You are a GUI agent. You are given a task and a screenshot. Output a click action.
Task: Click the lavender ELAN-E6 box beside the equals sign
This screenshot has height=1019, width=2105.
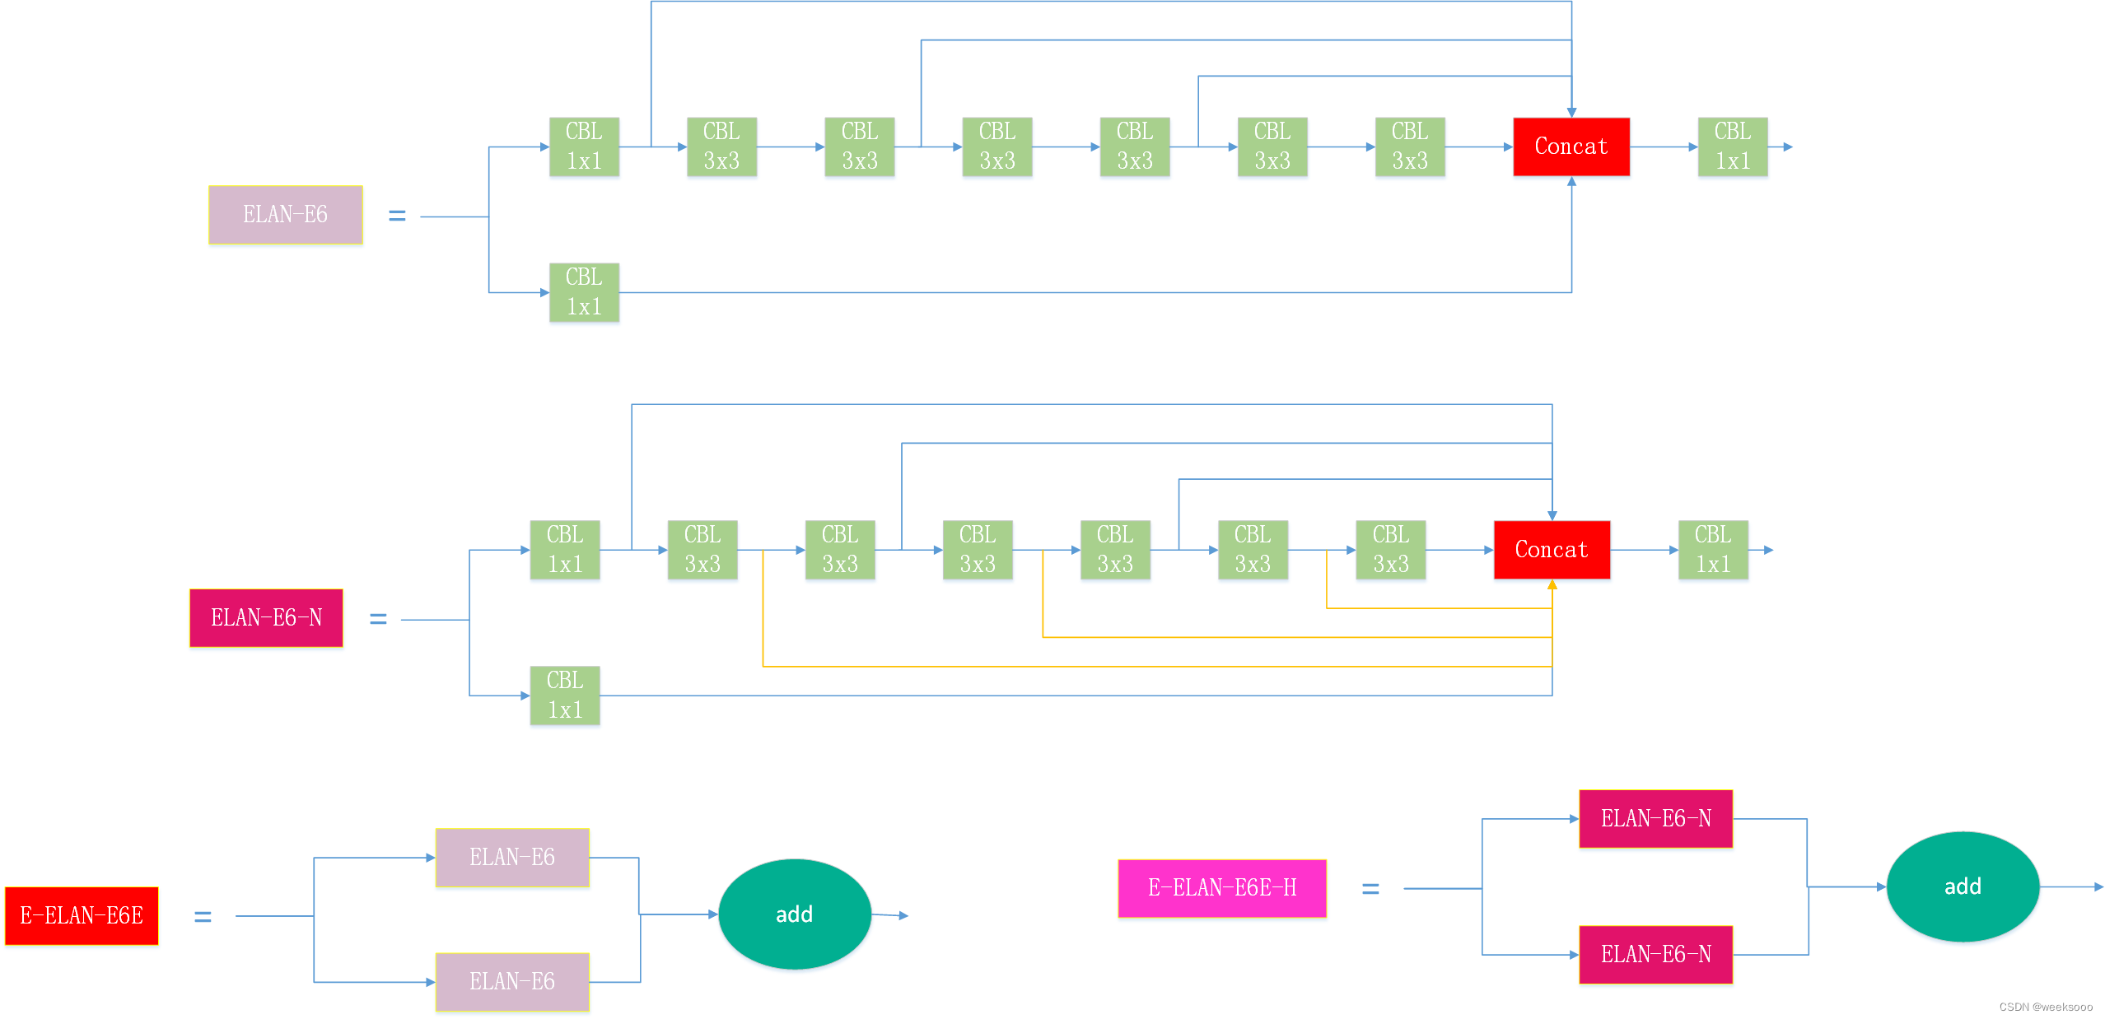click(x=285, y=215)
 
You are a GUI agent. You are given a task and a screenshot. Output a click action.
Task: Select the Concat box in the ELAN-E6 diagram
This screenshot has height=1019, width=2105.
click(x=1571, y=147)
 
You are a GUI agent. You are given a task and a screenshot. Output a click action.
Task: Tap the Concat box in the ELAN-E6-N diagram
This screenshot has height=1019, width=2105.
click(x=1552, y=550)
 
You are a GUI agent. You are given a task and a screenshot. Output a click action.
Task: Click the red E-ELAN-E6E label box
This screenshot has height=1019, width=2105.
click(x=82, y=915)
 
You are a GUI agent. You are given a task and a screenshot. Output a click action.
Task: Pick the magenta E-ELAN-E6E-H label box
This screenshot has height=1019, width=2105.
click(x=1222, y=888)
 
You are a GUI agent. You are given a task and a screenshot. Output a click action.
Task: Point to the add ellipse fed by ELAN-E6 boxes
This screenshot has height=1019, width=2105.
click(x=795, y=914)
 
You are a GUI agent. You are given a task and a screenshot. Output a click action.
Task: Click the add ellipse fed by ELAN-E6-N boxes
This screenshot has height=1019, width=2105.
click(x=1963, y=886)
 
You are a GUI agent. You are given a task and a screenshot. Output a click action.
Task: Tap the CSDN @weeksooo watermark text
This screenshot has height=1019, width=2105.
click(x=2046, y=1007)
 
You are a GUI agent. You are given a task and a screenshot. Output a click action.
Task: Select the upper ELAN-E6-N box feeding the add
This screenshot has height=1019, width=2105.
click(x=1655, y=819)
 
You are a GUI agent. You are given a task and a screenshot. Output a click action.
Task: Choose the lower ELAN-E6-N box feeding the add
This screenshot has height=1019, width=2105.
click(x=1655, y=955)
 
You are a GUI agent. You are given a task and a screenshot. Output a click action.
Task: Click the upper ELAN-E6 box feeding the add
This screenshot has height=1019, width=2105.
click(x=512, y=858)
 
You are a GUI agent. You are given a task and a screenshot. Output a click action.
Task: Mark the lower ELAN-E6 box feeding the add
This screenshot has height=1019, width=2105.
click(x=512, y=982)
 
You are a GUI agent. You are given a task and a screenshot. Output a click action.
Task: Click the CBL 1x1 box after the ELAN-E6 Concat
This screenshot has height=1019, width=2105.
click(x=1733, y=147)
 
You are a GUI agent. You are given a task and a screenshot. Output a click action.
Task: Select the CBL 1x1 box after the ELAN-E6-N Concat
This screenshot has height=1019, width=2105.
click(x=1713, y=550)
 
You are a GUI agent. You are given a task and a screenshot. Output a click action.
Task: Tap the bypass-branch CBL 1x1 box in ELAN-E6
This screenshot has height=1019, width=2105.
click(x=584, y=292)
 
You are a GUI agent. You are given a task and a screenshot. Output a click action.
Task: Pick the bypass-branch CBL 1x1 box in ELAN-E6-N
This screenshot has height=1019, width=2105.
click(x=565, y=696)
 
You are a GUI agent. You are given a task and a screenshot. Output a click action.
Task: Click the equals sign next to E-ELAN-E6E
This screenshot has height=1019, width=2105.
click(x=203, y=916)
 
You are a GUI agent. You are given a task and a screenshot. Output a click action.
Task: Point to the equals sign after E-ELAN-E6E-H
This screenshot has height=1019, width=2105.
click(x=1370, y=889)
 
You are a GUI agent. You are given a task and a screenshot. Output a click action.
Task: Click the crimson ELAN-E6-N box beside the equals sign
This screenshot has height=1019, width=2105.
click(x=266, y=618)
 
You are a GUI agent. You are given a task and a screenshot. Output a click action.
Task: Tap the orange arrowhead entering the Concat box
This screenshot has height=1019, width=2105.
click(x=1552, y=585)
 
